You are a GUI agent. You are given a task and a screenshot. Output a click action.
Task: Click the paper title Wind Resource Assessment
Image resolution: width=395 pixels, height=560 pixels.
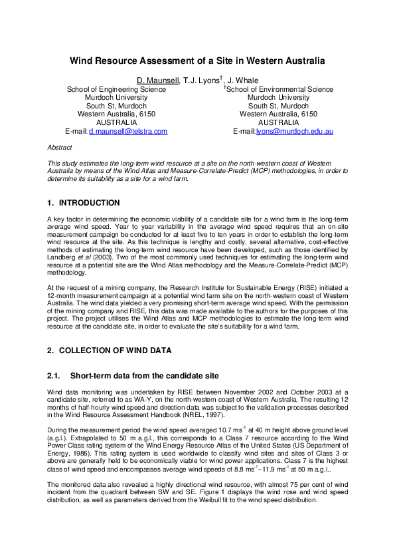(x=197, y=61)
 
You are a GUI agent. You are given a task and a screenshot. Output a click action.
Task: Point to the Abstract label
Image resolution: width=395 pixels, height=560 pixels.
(x=60, y=146)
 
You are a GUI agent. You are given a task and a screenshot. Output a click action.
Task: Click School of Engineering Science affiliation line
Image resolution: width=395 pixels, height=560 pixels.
(x=116, y=89)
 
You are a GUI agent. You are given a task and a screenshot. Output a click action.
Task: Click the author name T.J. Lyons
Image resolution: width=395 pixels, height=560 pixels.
(x=202, y=80)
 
